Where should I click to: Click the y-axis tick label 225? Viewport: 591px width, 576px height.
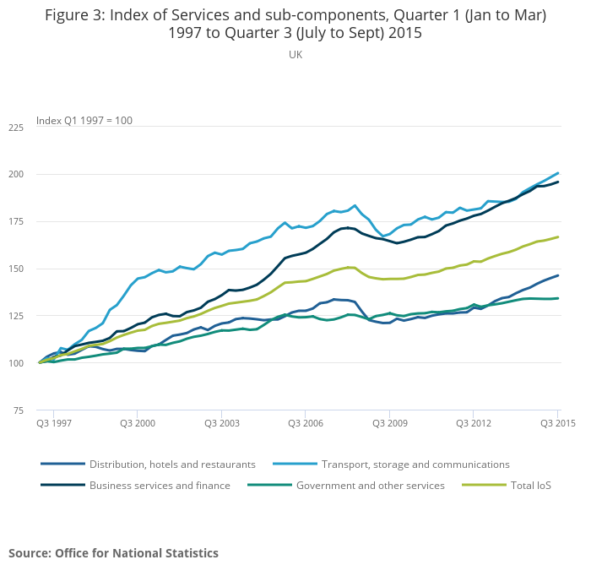click(x=16, y=128)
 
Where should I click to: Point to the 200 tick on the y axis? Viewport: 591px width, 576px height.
click(x=16, y=175)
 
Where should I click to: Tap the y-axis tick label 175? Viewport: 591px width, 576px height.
click(x=16, y=222)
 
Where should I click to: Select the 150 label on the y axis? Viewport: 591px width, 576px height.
click(x=16, y=269)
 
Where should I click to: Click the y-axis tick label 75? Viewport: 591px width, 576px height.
click(x=19, y=410)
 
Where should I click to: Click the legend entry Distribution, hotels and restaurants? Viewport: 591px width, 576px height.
click(x=172, y=464)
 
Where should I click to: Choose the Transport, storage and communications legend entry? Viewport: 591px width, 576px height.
click(x=415, y=464)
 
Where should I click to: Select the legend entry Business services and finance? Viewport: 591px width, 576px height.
click(x=160, y=486)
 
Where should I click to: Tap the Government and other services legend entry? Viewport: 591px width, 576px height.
click(x=370, y=486)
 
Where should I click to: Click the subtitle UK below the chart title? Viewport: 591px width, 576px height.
click(x=295, y=55)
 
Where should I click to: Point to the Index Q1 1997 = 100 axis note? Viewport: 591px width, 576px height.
click(x=84, y=120)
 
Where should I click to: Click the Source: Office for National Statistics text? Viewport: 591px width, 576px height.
click(x=113, y=553)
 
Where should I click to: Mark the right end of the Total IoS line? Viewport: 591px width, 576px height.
click(x=558, y=237)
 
